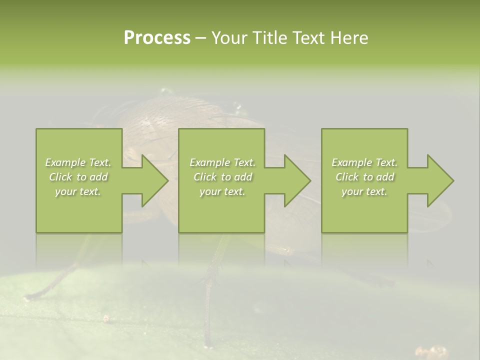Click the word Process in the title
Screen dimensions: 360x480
[157, 38]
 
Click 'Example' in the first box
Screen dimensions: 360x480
[65, 162]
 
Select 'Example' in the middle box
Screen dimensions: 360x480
[209, 162]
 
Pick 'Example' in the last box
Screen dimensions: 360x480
[351, 162]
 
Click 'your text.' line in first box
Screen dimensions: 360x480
[78, 191]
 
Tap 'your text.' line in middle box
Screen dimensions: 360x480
[222, 191]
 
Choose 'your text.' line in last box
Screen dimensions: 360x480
[364, 191]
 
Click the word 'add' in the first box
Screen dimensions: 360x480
[98, 177]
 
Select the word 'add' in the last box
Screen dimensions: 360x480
[385, 177]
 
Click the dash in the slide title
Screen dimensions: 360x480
[200, 38]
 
